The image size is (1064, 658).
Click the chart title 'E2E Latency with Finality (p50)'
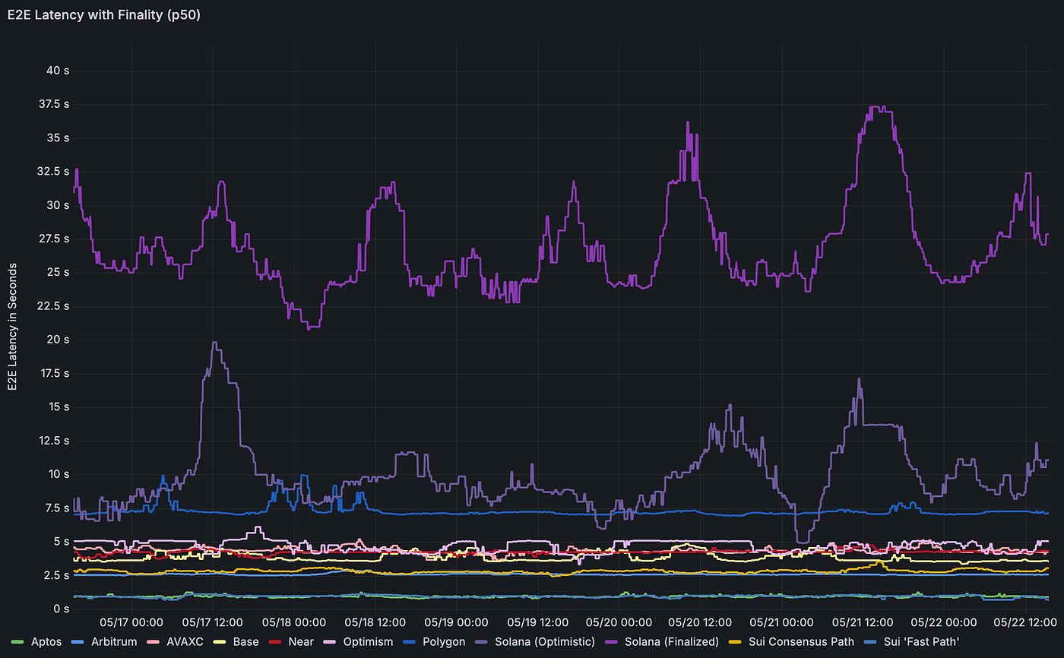104,14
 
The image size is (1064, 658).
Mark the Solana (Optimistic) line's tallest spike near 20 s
214,343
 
